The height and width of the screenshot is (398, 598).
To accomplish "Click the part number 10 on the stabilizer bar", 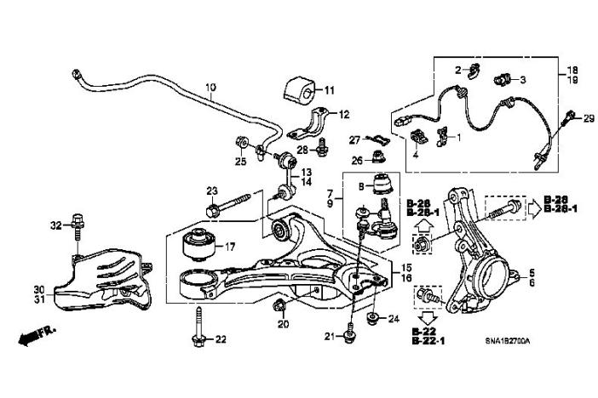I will coord(210,87).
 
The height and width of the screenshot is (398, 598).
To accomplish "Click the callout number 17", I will coord(229,247).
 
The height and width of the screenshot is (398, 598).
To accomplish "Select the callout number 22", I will coord(221,339).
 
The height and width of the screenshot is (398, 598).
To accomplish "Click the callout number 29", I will coord(588,118).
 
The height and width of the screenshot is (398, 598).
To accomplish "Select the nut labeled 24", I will coord(371,319).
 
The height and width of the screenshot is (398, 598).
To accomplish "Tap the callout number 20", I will coord(284,324).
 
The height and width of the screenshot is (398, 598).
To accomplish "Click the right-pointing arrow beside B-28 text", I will coord(529,207).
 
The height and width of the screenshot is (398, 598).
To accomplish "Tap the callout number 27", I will coord(354,139).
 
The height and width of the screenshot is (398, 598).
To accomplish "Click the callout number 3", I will coord(523,80).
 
